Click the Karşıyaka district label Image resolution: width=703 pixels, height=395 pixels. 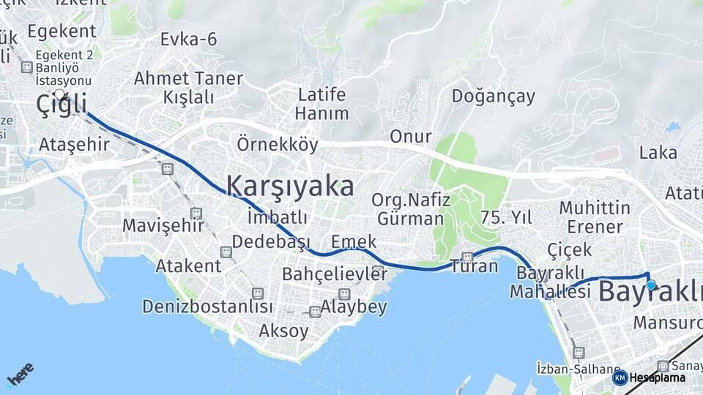coord(290,186)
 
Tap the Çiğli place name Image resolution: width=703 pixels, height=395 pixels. coord(62,105)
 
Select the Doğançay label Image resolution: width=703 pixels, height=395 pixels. coord(493,96)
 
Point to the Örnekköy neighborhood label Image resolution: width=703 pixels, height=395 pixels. coord(277,145)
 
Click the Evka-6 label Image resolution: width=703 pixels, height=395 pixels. coord(189,39)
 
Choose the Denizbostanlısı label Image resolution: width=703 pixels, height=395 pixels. coord(207,306)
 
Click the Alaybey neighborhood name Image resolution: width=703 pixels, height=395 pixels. coord(354,307)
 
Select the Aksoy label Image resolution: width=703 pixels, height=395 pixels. coord(283,331)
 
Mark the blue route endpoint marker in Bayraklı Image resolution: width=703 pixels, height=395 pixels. coord(650,285)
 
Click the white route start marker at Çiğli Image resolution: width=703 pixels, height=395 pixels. coord(59,94)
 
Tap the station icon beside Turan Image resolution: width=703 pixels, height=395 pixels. coord(467,257)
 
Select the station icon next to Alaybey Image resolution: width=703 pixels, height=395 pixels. coord(315,312)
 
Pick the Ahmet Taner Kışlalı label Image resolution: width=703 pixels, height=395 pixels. coord(188,87)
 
